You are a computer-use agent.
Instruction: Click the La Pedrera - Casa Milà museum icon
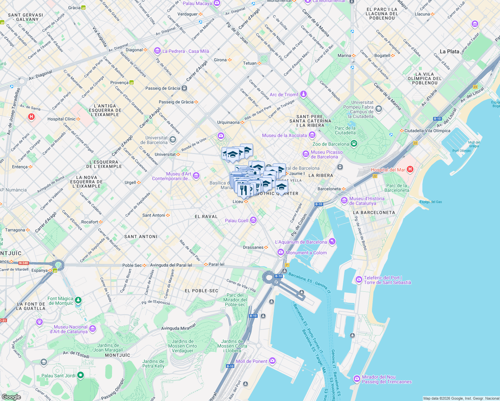pos(157,51)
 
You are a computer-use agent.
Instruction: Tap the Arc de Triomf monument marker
pos(303,94)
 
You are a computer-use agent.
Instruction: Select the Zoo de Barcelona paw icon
pos(354,144)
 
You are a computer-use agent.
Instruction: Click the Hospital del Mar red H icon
pos(410,169)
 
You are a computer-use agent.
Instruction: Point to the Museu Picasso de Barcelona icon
pos(305,154)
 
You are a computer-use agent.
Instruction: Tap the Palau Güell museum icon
pos(253,220)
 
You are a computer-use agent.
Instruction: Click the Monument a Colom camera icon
pos(281,252)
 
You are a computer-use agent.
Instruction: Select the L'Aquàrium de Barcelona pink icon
pos(332,241)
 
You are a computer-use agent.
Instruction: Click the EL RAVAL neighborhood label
pos(206,217)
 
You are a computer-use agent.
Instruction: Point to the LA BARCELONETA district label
pos(374,213)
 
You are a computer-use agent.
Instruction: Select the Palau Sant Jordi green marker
pos(81,375)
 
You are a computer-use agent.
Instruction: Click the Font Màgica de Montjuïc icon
pos(78,300)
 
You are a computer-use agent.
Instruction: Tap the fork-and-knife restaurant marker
pos(244,190)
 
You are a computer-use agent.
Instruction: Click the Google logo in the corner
pos(11,397)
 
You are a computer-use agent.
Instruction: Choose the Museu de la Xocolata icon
pos(312,135)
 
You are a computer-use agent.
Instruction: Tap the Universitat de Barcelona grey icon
pos(173,139)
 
